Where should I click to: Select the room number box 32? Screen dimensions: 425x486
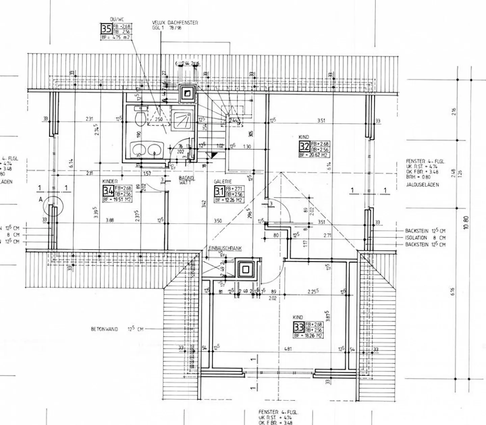point(304,147)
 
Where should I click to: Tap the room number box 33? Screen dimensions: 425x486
point(299,327)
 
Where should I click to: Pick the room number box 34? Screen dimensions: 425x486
point(108,191)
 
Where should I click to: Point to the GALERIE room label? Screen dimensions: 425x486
point(222,182)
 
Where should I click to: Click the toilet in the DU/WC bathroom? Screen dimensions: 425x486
point(140,118)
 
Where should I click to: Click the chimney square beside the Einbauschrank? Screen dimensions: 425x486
point(245,269)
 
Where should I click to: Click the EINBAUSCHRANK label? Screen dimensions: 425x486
point(225,248)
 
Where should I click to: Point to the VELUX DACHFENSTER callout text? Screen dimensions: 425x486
point(175,23)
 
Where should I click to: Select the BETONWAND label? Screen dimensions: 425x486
point(104,329)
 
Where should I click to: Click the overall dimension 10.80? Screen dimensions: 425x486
point(466,223)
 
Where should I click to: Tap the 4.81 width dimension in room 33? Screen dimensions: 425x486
point(288,349)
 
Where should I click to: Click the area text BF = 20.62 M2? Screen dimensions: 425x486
point(314,155)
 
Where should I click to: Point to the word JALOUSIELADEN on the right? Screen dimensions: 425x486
point(422,185)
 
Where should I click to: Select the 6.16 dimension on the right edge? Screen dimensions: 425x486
point(453,291)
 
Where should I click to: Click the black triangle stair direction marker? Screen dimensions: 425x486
point(213,155)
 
